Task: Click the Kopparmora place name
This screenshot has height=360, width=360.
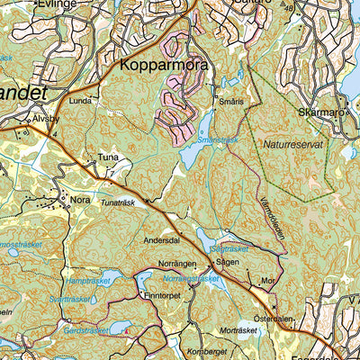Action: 164,67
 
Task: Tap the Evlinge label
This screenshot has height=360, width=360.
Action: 56,4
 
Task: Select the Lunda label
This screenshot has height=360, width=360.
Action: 81,103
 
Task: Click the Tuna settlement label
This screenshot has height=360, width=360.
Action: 108,157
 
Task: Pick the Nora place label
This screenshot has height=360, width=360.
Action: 81,200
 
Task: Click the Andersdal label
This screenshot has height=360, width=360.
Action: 162,241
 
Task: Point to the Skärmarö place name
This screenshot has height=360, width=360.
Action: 320,113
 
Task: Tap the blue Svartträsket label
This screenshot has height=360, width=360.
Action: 70,299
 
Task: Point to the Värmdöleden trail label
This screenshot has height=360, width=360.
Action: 272,218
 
